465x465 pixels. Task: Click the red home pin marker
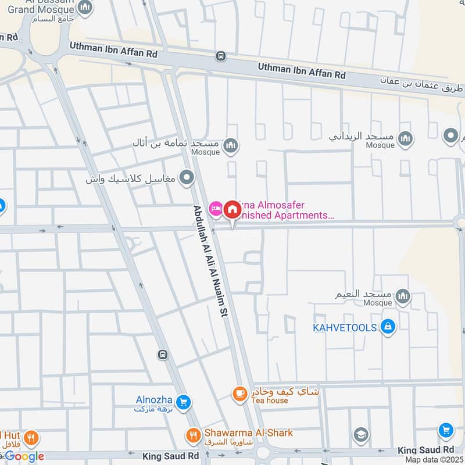tap(232, 209)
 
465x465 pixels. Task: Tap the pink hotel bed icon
tap(216, 208)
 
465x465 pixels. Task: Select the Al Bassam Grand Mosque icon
tap(85, 8)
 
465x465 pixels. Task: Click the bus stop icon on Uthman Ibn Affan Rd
tap(220, 56)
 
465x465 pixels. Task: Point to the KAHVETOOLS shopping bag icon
tap(387, 327)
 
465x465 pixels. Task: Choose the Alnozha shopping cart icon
tap(183, 402)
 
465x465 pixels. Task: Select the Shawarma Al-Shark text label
tap(248, 432)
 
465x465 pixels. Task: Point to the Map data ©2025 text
tap(434, 460)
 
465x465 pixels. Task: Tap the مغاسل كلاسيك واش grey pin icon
tap(187, 178)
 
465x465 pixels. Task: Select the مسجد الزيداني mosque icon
tap(406, 137)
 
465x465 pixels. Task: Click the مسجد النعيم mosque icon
tap(403, 298)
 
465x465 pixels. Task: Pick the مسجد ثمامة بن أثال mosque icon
tap(231, 145)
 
